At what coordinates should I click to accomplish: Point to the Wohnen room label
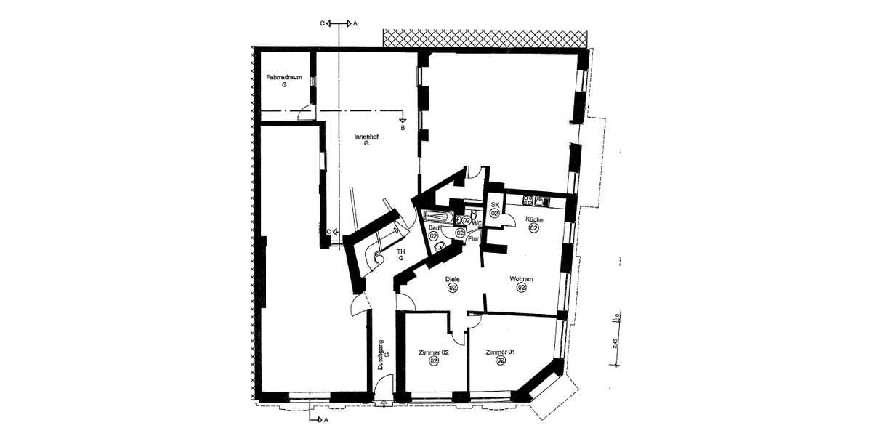pyautogui.click(x=521, y=279)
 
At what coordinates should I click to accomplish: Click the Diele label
pyautogui.click(x=452, y=279)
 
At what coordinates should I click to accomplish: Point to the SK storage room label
pyautogui.click(x=494, y=206)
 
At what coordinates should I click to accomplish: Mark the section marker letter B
pyautogui.click(x=403, y=128)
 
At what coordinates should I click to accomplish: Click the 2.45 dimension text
pyautogui.click(x=614, y=343)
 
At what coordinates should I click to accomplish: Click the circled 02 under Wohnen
pyautogui.click(x=521, y=288)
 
